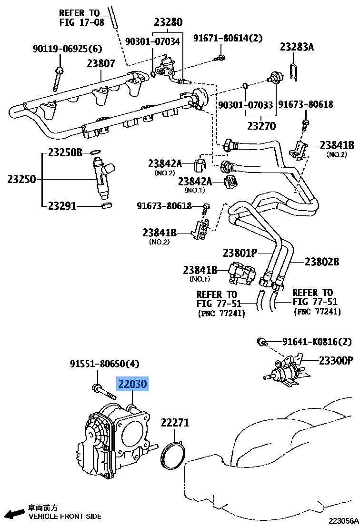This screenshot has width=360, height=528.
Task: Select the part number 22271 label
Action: tap(175, 422)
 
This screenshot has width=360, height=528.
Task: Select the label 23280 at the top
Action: tap(168, 22)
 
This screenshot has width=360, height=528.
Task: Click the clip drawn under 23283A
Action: tap(294, 71)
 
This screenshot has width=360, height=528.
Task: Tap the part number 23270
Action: tap(261, 126)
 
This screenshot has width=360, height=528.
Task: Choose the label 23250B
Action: tap(65, 152)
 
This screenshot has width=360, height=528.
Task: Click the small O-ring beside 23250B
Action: tap(95, 153)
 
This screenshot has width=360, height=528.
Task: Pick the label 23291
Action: tap(62, 206)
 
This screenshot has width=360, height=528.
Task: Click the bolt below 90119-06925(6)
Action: tap(58, 78)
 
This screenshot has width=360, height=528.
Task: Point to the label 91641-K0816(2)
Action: tap(317, 341)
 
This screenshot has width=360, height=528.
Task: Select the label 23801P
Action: tap(240, 253)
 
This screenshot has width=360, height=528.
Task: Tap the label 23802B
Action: tap(322, 261)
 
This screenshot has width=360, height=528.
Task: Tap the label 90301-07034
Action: tap(152, 41)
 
